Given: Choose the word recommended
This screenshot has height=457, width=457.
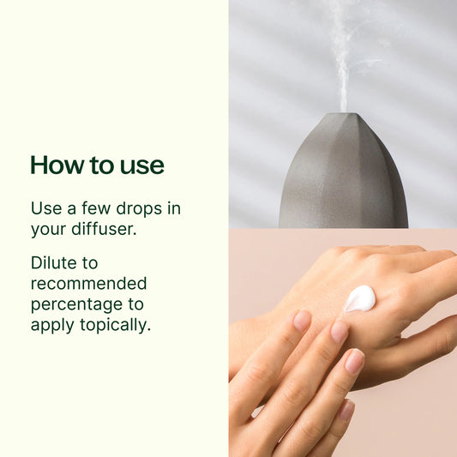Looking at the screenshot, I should tap(88, 283).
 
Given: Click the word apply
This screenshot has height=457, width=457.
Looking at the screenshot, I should tap(52, 326).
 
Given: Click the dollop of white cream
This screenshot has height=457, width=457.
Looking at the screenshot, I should tap(360, 298).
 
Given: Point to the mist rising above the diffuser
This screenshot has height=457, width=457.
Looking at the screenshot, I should tap(341, 60).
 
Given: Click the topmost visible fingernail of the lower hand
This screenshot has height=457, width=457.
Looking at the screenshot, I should tap(302, 321).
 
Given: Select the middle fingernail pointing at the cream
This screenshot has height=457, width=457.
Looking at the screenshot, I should tap(340, 331).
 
